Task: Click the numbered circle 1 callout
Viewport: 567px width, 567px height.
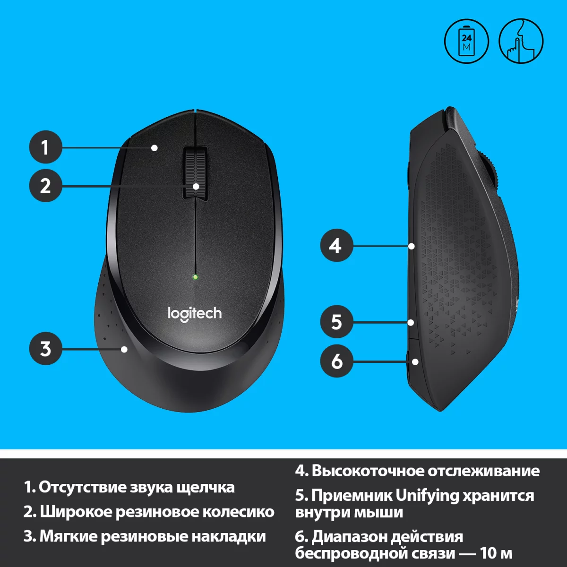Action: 46,147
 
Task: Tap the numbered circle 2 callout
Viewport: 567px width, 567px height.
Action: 46,186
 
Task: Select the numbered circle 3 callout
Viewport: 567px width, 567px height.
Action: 46,349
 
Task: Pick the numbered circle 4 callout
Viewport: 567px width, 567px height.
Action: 336,245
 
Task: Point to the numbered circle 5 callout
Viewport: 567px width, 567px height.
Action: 336,322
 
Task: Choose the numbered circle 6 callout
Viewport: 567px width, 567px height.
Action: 336,361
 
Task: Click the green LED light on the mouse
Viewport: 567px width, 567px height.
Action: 195,277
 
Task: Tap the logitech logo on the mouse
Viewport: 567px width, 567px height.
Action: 195,314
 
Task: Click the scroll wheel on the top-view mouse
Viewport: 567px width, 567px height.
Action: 196,174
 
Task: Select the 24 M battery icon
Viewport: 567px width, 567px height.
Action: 466,41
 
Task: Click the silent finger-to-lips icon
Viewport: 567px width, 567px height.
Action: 521,41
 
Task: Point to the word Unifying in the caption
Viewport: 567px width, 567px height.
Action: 427,496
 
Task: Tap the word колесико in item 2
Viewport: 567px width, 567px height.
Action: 238,512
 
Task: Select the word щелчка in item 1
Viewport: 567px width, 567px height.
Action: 206,488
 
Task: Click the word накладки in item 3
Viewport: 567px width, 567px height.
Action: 229,536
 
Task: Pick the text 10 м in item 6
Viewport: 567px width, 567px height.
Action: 496,553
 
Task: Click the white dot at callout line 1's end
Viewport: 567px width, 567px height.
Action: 155,148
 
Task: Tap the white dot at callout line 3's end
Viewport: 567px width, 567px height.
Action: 124,349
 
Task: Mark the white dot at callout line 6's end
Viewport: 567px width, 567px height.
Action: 415,361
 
